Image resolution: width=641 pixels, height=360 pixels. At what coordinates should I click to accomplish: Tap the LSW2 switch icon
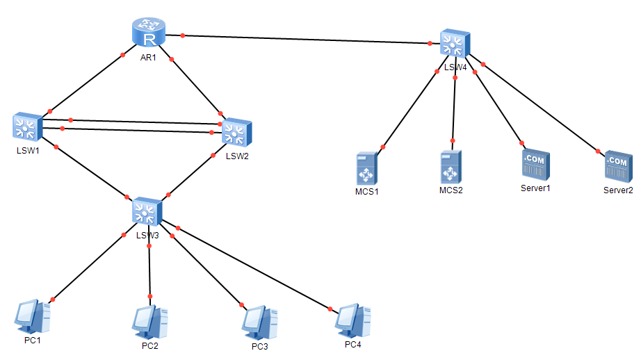click(x=237, y=132)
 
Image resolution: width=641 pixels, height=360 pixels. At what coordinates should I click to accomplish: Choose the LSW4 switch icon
click(x=455, y=44)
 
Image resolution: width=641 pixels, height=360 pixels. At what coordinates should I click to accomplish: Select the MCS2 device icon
click(x=451, y=167)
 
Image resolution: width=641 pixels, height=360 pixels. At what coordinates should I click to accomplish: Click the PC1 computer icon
click(x=31, y=317)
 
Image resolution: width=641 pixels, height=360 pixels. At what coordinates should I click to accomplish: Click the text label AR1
click(x=148, y=58)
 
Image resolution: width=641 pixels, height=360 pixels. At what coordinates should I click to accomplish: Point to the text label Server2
click(x=618, y=190)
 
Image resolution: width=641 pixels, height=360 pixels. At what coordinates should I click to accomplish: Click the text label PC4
click(x=353, y=344)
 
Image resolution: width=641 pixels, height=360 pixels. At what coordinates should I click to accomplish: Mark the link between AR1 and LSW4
click(x=306, y=39)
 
